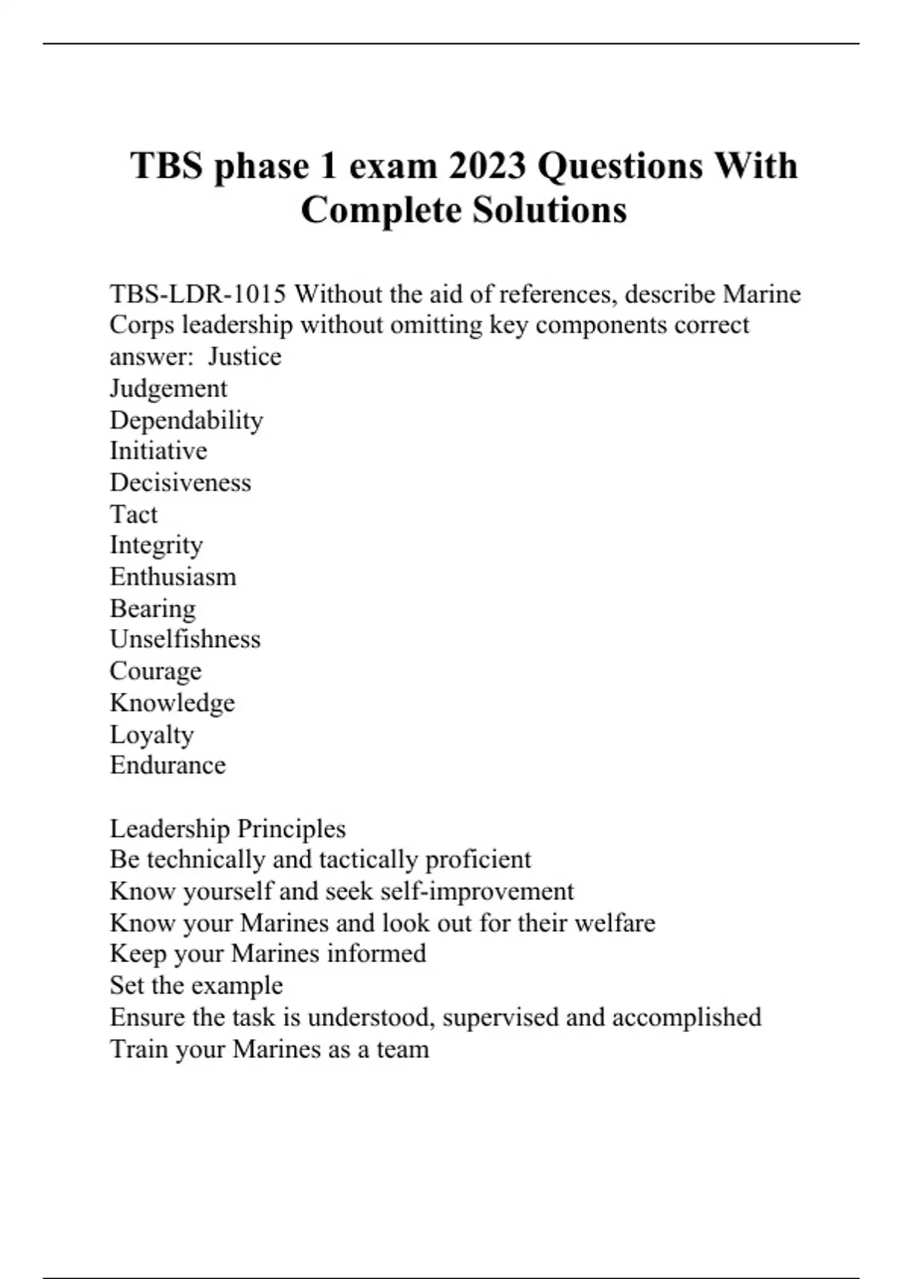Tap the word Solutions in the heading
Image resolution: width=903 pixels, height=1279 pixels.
pos(549,210)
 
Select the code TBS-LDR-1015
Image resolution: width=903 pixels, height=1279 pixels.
pos(198,293)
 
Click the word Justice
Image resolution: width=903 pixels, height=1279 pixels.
pos(245,357)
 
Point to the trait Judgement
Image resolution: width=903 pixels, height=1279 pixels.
pos(169,388)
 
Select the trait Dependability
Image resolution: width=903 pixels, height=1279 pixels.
pos(187,420)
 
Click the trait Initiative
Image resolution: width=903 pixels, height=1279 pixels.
pos(159,451)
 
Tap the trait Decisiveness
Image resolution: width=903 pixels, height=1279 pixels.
pos(181,482)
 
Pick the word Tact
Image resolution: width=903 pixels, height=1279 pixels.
pos(134,514)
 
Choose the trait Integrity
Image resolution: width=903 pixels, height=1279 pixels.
pos(157,545)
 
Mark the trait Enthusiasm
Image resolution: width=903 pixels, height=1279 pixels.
pos(173,577)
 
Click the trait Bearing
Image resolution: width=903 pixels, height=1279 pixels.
pos(153,609)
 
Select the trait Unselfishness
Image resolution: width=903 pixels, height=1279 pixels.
pos(185,639)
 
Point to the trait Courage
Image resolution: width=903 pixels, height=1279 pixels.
pos(156,671)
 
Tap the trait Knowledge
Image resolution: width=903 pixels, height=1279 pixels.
pos(172,703)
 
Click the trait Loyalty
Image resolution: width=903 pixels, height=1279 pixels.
pos(152,734)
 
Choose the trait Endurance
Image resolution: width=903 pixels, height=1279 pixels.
pos(168,765)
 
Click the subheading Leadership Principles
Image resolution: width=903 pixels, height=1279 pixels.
pos(228,828)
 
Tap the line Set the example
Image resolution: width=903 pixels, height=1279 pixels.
pos(196,986)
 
